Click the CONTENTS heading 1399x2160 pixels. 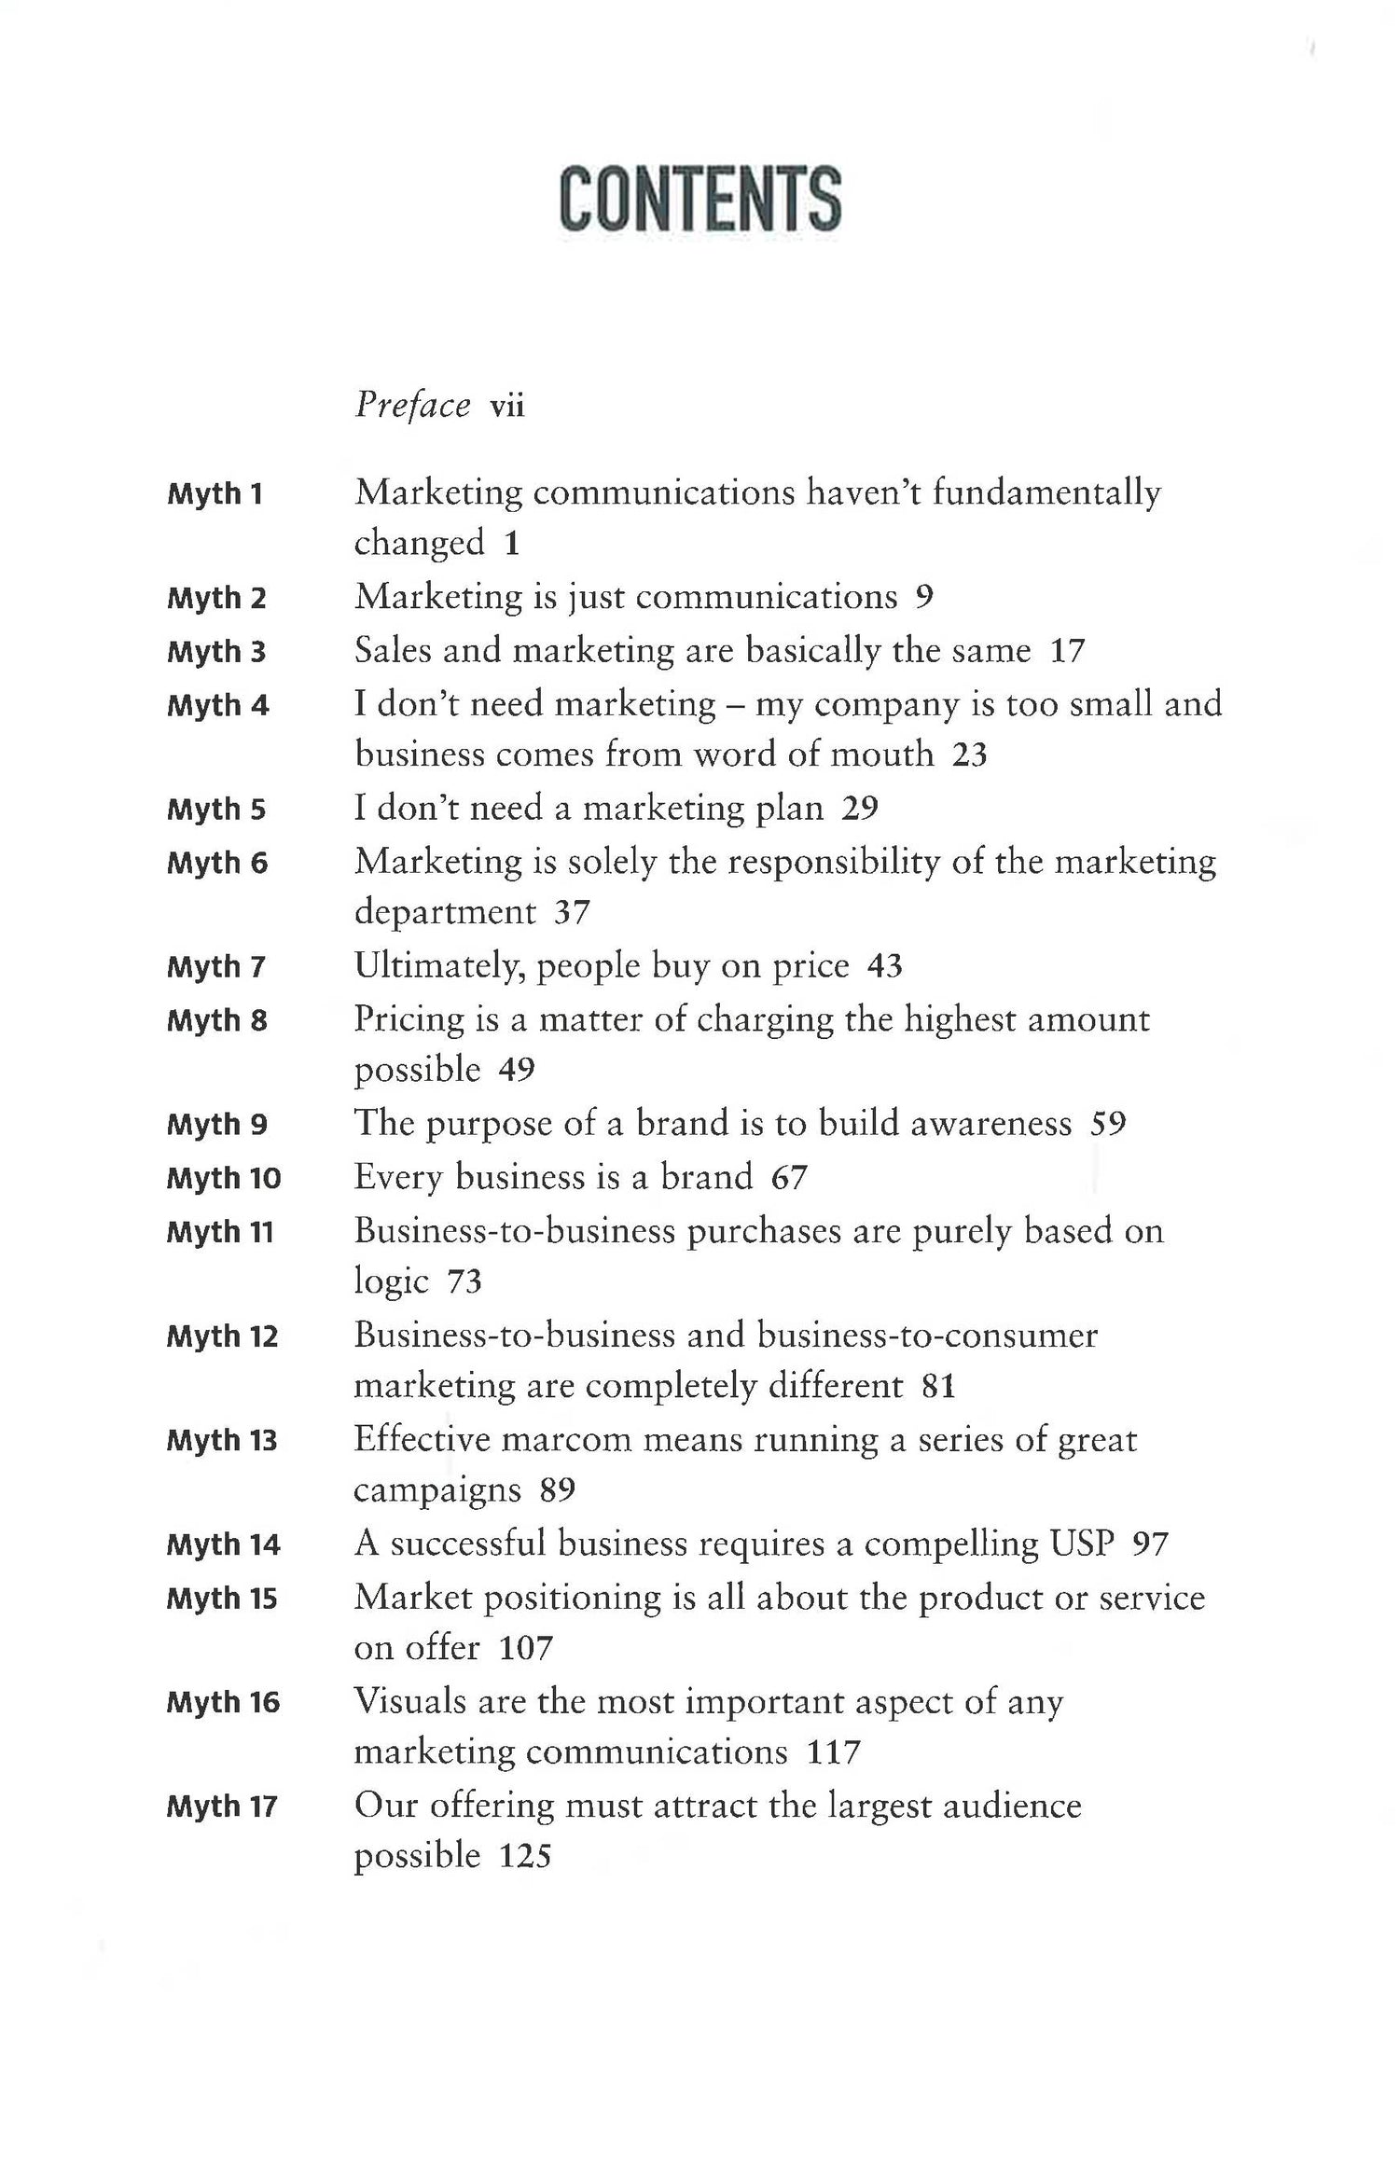tap(699, 199)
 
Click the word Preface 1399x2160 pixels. tap(412, 406)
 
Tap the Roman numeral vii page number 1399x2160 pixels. tap(507, 407)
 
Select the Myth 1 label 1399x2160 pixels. tap(215, 493)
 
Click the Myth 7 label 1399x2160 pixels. tap(216, 967)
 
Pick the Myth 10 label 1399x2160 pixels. tap(224, 1179)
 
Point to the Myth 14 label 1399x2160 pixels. tap(223, 1545)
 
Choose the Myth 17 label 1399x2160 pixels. tap(222, 1807)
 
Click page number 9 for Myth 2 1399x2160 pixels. tap(923, 597)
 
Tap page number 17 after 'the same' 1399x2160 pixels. tap(1068, 650)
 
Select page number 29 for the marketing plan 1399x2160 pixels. tap(860, 808)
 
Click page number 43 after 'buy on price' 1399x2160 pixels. tap(885, 966)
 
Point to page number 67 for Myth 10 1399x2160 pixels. tap(789, 1178)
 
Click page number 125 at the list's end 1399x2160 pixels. tap(525, 1856)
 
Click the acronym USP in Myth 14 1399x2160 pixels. tap(1082, 1544)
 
